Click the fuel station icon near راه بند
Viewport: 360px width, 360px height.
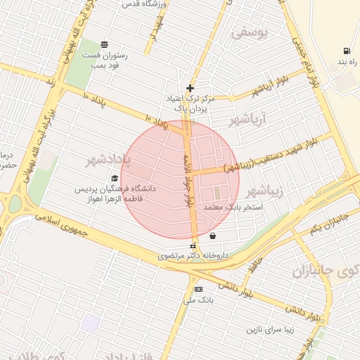[x=346, y=51]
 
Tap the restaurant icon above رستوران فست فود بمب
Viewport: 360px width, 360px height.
[x=105, y=44]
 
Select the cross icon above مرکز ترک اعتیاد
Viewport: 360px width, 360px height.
[x=190, y=88]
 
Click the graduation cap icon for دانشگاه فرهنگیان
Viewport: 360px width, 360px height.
[x=115, y=178]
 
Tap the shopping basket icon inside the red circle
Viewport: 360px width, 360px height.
[x=212, y=236]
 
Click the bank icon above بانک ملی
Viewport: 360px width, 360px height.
[x=198, y=290]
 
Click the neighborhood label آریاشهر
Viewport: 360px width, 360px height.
[x=249, y=120]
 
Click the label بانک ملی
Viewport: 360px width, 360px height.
[x=198, y=300]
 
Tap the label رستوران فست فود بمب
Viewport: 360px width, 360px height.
[x=105, y=59]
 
